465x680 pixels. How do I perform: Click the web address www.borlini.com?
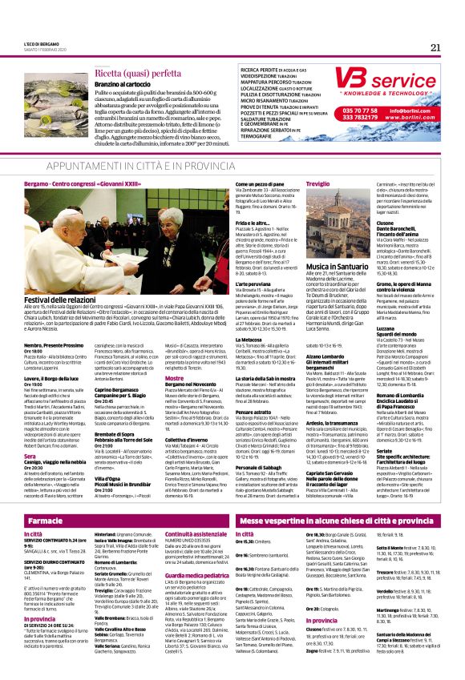pyautogui.click(x=416, y=117)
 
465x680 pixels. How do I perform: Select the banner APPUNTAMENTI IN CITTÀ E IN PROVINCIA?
pyautogui.click(x=232, y=163)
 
